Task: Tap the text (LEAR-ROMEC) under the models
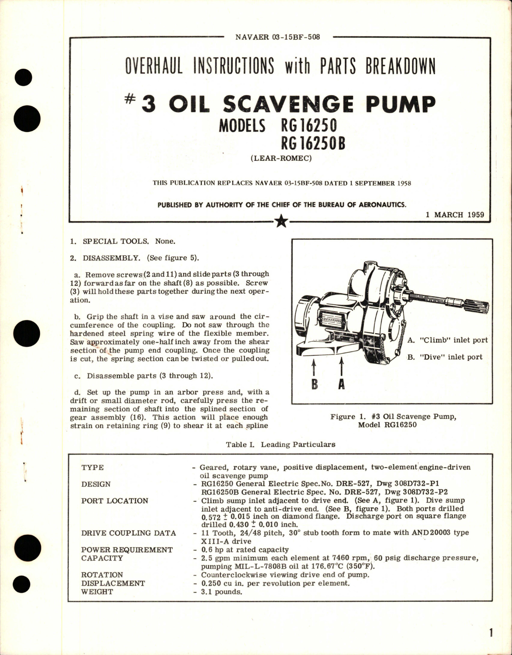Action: coord(281,158)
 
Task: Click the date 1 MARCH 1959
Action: coord(455,215)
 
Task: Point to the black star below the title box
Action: coord(282,221)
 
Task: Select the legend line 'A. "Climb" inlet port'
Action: coord(448,340)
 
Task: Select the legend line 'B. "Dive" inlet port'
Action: coord(445,357)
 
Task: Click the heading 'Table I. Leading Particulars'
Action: coord(280,444)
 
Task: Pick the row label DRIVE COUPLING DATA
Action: coord(128,533)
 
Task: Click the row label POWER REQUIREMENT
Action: coord(127,550)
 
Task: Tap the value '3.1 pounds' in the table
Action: coord(221,592)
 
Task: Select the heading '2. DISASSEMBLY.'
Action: coord(111,258)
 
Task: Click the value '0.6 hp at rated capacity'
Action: coord(244,550)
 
